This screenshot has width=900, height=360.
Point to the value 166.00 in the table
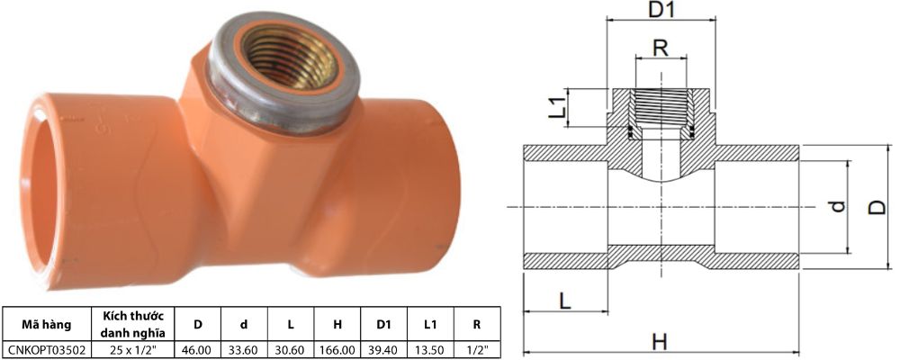[337, 348]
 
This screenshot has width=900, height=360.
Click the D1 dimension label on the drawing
[662, 12]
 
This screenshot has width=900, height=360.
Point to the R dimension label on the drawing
[661, 48]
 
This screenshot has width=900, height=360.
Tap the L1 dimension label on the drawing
[557, 108]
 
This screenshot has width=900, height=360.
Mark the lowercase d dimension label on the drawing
[836, 207]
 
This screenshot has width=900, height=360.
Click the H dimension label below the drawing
[660, 341]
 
